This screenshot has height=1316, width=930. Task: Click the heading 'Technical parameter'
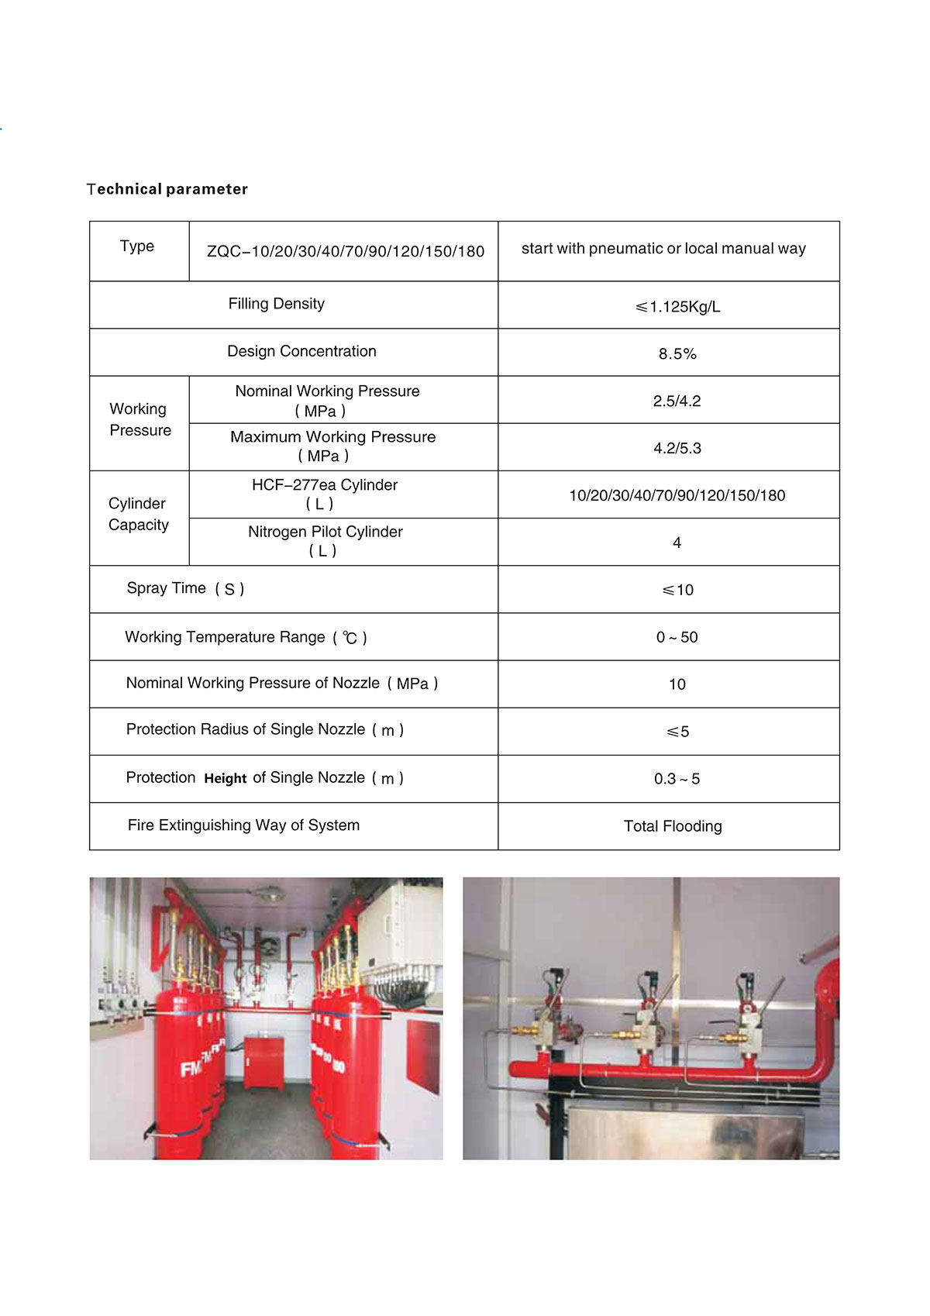pyautogui.click(x=167, y=189)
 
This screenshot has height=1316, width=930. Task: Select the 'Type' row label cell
pyautogui.click(x=137, y=246)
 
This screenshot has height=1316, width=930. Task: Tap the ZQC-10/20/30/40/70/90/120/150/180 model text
pyautogui.click(x=345, y=252)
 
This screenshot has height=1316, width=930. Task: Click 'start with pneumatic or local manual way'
pyautogui.click(x=663, y=249)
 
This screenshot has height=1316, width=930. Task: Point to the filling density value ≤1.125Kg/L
pyautogui.click(x=678, y=307)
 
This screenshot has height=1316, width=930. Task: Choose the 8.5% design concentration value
pyautogui.click(x=677, y=354)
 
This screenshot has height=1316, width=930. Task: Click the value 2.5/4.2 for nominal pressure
pyautogui.click(x=677, y=401)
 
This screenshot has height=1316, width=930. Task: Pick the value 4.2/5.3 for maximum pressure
pyautogui.click(x=677, y=448)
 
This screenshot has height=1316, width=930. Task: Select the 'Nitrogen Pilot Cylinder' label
pyautogui.click(x=325, y=532)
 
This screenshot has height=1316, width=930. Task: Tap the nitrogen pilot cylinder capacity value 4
pyautogui.click(x=677, y=543)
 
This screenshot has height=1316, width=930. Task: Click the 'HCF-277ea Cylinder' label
pyautogui.click(x=325, y=485)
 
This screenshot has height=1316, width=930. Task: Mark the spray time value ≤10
pyautogui.click(x=678, y=590)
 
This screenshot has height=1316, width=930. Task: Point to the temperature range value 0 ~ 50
pyautogui.click(x=677, y=637)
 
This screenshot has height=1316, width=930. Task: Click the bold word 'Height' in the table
pyautogui.click(x=226, y=779)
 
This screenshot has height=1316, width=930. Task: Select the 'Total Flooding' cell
pyautogui.click(x=673, y=826)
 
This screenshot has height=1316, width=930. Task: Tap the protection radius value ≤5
pyautogui.click(x=678, y=732)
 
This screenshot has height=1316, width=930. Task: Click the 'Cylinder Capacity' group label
pyautogui.click(x=138, y=515)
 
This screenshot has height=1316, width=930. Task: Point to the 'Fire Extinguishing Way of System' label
pyautogui.click(x=243, y=825)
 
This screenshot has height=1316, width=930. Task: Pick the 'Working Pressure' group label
pyautogui.click(x=139, y=419)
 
